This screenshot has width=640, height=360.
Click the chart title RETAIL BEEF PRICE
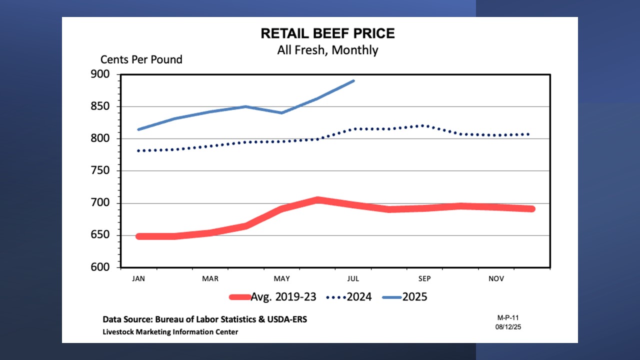point(327,33)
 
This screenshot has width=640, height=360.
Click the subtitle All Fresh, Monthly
point(327,50)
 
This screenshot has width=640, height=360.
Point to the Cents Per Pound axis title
point(141,59)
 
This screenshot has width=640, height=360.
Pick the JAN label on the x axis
point(138,278)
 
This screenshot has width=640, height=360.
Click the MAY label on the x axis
point(282,278)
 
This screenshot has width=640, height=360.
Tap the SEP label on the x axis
point(424,278)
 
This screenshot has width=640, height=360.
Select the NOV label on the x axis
point(496,278)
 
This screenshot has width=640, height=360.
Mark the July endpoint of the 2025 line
point(353,80)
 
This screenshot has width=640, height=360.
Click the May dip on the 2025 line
point(282,112)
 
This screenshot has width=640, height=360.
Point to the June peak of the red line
point(317,200)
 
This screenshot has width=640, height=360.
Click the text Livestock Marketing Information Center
point(170,332)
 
